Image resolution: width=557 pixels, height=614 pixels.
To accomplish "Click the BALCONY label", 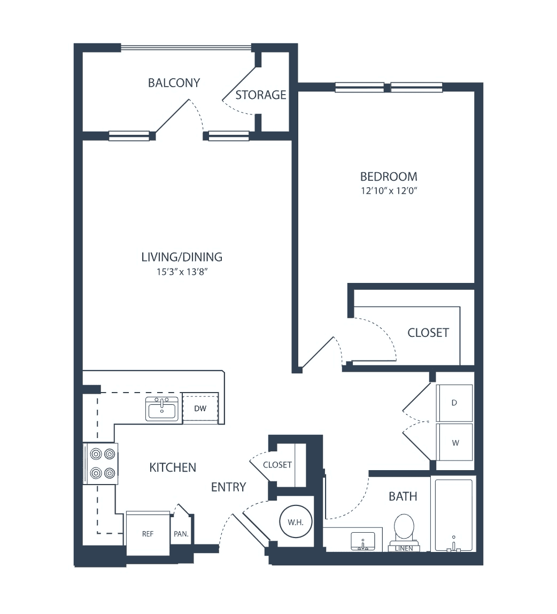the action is click(x=174, y=82).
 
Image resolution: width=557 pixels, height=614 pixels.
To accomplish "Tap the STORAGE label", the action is click(x=261, y=95).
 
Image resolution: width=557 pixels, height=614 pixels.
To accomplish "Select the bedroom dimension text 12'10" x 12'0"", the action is click(x=389, y=191).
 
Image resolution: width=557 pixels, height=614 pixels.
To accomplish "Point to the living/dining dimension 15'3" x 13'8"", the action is click(x=182, y=272).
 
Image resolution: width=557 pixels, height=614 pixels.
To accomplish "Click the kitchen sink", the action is click(x=161, y=409).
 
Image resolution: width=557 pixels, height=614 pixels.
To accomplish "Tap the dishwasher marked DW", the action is click(x=200, y=409).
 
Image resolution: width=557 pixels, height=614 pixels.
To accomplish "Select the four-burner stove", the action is click(x=100, y=464).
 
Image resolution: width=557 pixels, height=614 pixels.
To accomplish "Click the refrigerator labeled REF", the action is click(x=148, y=533).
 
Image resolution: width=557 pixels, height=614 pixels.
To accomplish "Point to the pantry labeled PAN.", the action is click(x=181, y=534).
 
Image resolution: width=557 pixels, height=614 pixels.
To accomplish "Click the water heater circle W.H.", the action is click(x=296, y=522).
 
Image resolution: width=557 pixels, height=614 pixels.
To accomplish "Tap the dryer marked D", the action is click(x=454, y=403).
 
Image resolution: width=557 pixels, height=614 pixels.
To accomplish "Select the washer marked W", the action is click(x=455, y=443).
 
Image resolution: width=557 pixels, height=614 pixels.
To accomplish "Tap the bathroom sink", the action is click(x=363, y=541).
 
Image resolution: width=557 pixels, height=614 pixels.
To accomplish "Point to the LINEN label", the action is click(x=404, y=548).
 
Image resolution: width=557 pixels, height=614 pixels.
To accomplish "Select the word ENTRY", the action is click(x=229, y=487).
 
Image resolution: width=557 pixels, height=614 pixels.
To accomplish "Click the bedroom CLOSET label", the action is click(x=428, y=333).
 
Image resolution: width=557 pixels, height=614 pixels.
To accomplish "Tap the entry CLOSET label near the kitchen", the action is click(x=277, y=465).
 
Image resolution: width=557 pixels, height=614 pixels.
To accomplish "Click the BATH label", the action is click(x=403, y=496).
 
